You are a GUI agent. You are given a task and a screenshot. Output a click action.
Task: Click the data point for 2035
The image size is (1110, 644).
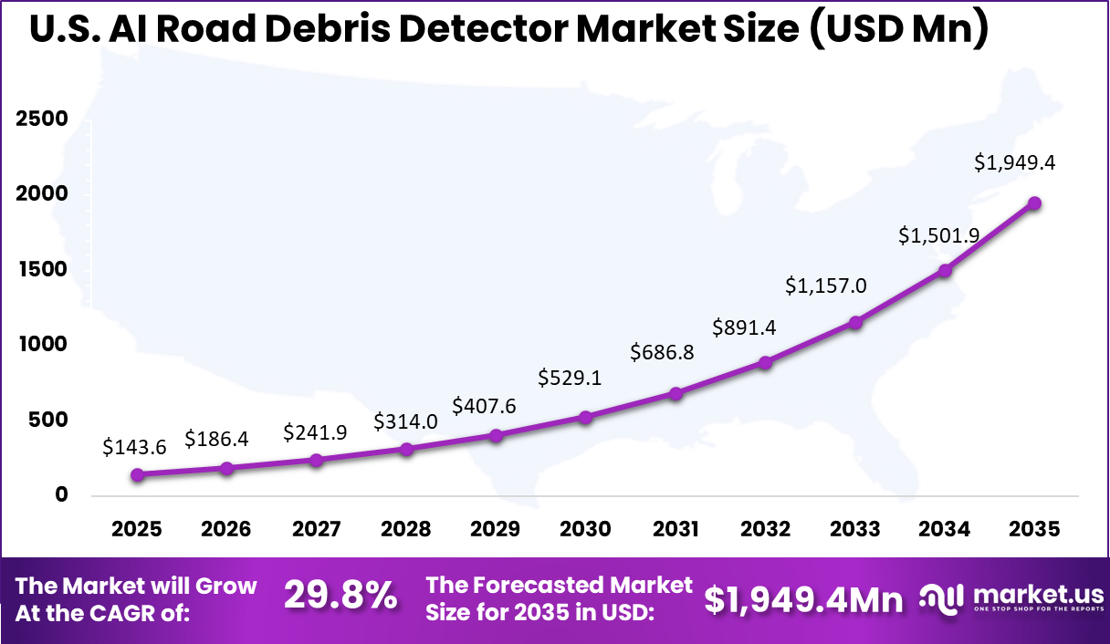(x=1034, y=203)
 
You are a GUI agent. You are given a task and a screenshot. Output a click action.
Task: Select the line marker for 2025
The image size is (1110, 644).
(x=138, y=474)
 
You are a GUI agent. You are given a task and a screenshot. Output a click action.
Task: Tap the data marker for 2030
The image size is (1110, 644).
(x=586, y=417)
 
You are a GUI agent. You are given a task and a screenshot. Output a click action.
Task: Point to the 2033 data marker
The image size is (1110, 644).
(x=855, y=322)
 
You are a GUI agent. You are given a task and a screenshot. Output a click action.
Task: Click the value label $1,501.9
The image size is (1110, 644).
(x=938, y=235)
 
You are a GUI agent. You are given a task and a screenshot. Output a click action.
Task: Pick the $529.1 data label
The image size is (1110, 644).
(x=570, y=377)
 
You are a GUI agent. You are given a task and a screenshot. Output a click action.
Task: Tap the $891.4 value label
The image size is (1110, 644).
(x=745, y=327)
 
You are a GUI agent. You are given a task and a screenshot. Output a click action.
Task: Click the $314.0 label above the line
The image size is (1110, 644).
(x=405, y=421)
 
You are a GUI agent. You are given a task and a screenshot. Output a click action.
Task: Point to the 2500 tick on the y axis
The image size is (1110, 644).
(x=40, y=119)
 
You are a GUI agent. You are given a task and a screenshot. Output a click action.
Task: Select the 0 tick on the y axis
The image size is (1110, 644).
(x=61, y=495)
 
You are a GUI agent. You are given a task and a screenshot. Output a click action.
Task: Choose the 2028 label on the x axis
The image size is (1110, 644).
(x=406, y=530)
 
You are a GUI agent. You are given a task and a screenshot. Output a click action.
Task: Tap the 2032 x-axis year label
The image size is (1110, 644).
(x=766, y=530)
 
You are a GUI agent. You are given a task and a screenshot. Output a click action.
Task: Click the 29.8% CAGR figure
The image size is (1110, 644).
(x=340, y=597)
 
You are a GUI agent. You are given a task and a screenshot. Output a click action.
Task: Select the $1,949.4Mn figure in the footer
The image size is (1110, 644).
(x=803, y=598)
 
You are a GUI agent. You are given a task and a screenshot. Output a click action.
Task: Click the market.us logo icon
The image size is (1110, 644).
(x=942, y=597)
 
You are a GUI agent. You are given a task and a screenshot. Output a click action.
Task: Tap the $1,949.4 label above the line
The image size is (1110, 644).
(x=1015, y=162)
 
